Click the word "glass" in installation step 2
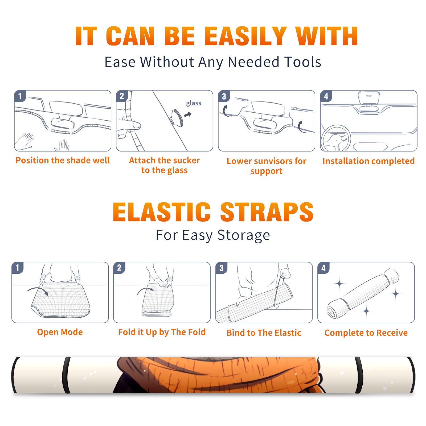(194, 103)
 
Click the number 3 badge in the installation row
(224, 96)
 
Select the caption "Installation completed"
(368, 161)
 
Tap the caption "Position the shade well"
(63, 160)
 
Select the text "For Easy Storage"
(213, 235)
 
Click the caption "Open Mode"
(60, 332)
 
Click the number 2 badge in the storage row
(119, 268)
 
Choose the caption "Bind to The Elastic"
(264, 333)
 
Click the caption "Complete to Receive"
(366, 333)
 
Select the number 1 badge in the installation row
(20, 96)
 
